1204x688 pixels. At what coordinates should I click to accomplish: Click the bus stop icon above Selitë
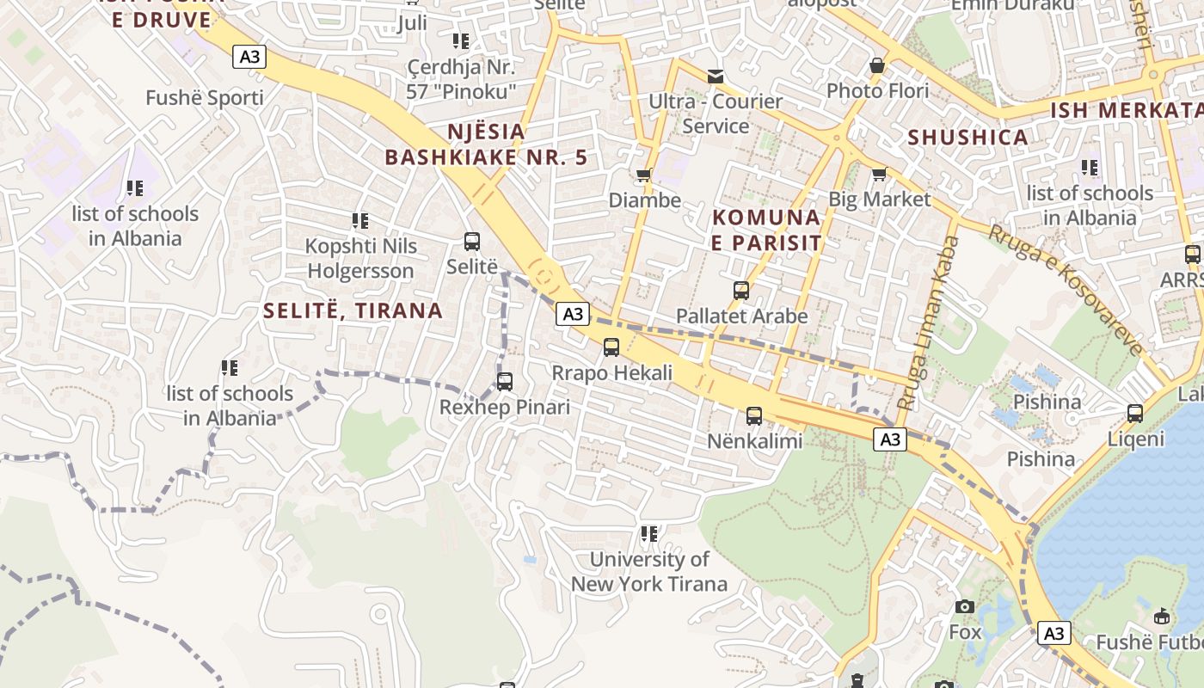[x=472, y=242]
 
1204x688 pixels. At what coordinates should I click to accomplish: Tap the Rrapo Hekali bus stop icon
[x=611, y=347]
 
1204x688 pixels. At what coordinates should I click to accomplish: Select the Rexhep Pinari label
[x=505, y=407]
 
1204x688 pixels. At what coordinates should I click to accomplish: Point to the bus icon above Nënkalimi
[x=754, y=416]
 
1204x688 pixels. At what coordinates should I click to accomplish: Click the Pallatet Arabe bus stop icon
[x=741, y=291]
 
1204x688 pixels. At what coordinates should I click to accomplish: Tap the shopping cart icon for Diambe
[x=643, y=175]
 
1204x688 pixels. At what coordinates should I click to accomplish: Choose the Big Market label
[x=879, y=200]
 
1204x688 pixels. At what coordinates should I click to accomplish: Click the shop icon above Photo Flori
[x=877, y=65]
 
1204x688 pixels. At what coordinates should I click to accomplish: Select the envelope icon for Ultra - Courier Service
[x=716, y=77]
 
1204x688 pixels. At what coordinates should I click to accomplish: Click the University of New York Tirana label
[x=649, y=572]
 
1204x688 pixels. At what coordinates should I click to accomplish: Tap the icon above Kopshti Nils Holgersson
[x=360, y=221]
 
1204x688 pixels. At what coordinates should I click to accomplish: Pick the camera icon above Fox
[x=965, y=607]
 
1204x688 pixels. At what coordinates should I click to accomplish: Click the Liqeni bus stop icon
[x=1135, y=414]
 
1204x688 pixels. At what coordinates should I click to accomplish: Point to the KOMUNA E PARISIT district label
[x=766, y=230]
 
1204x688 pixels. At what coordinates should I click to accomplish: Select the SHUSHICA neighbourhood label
[x=968, y=138]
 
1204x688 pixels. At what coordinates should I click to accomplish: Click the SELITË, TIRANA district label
[x=353, y=310]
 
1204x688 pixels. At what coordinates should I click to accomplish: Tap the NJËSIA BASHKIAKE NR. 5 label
[x=486, y=144]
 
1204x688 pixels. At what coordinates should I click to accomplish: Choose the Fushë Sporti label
[x=205, y=98]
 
